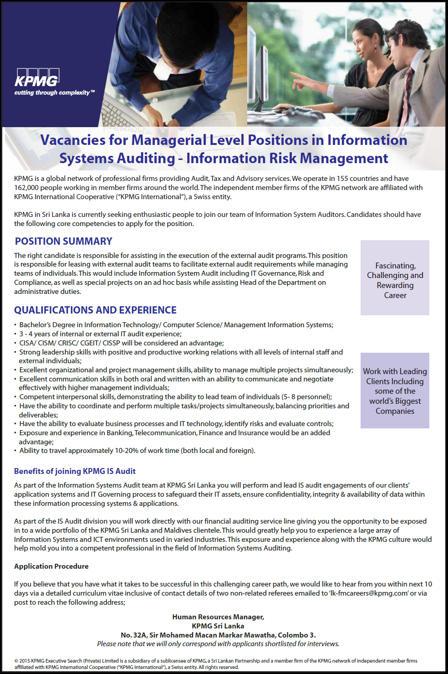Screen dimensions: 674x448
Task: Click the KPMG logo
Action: coord(37,78)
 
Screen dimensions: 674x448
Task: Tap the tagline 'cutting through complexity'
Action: coord(54,93)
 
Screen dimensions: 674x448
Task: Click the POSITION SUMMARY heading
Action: coord(63,241)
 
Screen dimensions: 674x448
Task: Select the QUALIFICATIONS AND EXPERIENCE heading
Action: coord(95,310)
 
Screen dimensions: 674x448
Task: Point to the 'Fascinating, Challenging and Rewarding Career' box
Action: coord(395,278)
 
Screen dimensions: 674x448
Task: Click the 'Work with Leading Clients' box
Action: coord(395,391)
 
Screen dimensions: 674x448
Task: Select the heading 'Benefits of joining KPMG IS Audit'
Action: coord(75,471)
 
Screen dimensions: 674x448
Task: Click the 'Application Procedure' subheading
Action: coord(51,566)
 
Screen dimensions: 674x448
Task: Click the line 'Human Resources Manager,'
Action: coord(218,617)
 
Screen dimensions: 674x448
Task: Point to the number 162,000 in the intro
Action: coord(27,188)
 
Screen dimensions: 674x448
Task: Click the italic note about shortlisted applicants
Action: coord(218,644)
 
